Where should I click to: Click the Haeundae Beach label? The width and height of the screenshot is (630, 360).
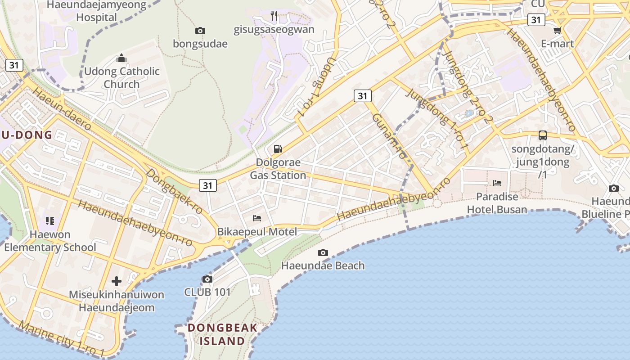click(x=323, y=265)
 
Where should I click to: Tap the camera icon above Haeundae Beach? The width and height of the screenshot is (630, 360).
click(x=323, y=252)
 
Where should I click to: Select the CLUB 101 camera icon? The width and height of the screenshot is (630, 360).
click(x=207, y=279)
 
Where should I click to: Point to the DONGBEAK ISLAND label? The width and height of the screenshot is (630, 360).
click(x=222, y=334)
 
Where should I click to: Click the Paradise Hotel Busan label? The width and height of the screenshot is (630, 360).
click(x=497, y=203)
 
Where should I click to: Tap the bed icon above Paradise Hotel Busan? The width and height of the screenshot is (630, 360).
click(x=497, y=183)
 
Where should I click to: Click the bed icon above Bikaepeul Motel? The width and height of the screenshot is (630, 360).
click(x=257, y=218)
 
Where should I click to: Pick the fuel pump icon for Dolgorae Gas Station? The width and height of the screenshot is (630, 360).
click(x=278, y=148)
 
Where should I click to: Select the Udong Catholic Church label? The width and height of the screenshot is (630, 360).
click(x=122, y=77)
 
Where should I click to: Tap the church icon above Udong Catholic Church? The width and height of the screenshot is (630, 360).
click(x=121, y=58)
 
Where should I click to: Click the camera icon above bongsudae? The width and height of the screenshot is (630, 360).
click(x=200, y=31)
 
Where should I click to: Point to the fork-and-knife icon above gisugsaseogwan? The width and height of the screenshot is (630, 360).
click(x=274, y=16)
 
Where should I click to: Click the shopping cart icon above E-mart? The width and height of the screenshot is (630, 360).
click(x=557, y=31)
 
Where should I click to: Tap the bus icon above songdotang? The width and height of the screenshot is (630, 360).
click(x=543, y=135)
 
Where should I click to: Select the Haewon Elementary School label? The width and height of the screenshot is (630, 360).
click(x=50, y=241)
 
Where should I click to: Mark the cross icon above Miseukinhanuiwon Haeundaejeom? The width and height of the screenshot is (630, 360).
click(x=117, y=281)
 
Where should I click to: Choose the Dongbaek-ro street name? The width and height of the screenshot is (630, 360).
click(x=175, y=191)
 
